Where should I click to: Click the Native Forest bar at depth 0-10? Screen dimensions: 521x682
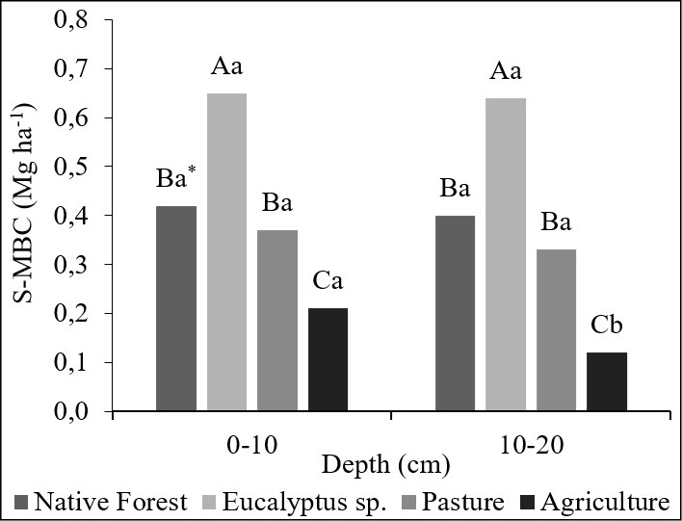click(176, 308)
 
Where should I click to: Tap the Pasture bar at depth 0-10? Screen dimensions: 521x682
click(277, 321)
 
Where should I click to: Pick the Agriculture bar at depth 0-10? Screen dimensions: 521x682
click(328, 360)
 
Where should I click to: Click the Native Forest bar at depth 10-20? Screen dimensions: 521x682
click(456, 313)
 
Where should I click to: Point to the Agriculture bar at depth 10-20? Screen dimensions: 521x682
click(607, 381)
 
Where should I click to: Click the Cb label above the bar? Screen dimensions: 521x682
click(607, 325)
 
